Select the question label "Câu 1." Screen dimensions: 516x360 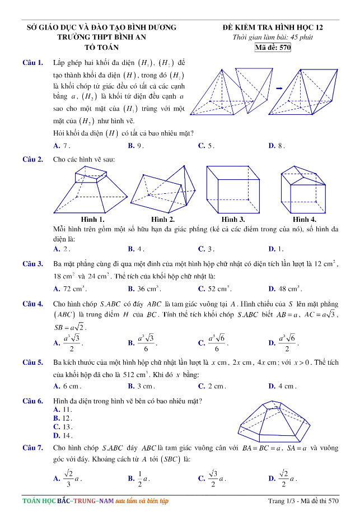point(32,62)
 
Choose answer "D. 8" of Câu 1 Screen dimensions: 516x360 point(277,145)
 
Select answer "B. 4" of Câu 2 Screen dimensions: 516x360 point(136,248)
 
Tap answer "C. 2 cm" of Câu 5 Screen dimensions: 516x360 point(210,386)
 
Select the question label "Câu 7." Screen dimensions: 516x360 point(32,448)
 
